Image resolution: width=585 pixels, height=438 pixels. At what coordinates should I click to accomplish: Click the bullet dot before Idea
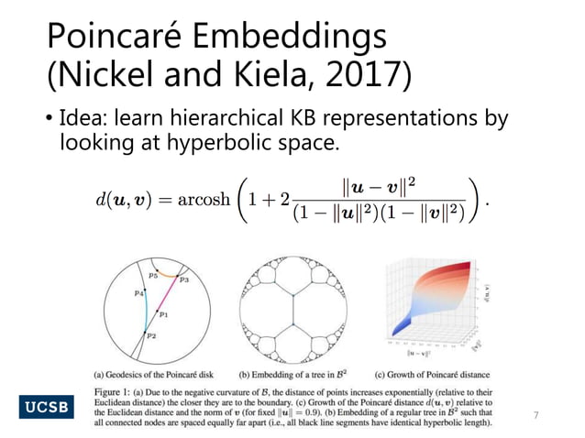point(50,121)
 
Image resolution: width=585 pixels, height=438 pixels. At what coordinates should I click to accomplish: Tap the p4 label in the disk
point(138,293)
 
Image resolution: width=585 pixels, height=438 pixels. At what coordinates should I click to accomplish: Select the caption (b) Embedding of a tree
point(294,374)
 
